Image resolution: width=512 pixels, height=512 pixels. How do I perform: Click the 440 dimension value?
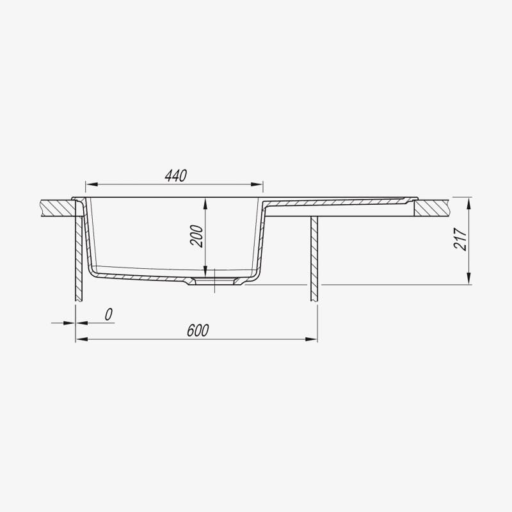pyautogui.click(x=176, y=175)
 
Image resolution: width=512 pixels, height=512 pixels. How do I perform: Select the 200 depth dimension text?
pyautogui.click(x=196, y=236)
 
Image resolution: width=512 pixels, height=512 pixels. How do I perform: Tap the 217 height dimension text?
pyautogui.click(x=460, y=239)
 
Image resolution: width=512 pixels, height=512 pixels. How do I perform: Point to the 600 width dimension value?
pyautogui.click(x=198, y=330)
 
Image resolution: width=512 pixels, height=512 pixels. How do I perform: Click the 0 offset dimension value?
pyautogui.click(x=108, y=314)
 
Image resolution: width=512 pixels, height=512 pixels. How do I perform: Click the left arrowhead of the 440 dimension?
pyautogui.click(x=92, y=184)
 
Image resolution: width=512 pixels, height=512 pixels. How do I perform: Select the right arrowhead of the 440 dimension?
pyautogui.click(x=257, y=184)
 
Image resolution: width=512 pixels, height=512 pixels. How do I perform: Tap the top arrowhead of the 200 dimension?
pyautogui.click(x=205, y=204)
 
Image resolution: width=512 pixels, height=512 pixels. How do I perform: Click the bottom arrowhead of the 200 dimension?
pyautogui.click(x=205, y=271)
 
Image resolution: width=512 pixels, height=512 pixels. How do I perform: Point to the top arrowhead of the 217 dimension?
pyautogui.click(x=469, y=204)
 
